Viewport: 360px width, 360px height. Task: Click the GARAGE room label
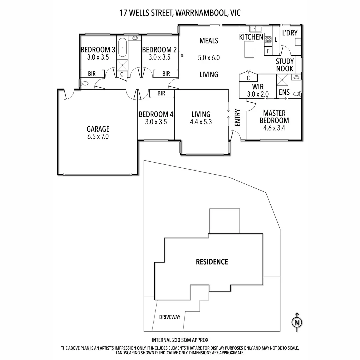(98, 129)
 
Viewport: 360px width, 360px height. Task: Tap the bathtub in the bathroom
(122, 47)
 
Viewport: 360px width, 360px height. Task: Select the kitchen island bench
(249, 49)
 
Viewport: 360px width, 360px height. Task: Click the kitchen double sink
(256, 29)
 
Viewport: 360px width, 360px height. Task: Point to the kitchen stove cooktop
(268, 40)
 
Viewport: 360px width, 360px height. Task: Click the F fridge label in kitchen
(268, 51)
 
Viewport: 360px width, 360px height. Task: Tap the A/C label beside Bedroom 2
(182, 55)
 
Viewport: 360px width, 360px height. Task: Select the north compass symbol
(297, 322)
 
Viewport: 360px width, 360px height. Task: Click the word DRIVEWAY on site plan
(170, 317)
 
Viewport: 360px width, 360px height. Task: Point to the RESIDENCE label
(212, 262)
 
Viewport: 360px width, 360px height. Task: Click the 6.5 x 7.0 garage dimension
(98, 137)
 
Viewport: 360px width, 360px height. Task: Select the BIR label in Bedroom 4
(161, 93)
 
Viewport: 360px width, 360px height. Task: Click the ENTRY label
(238, 118)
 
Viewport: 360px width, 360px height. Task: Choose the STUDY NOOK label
(285, 65)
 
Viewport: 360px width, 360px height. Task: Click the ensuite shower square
(282, 80)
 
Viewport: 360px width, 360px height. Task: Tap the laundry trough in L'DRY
(298, 42)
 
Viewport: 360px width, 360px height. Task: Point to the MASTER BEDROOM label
(274, 117)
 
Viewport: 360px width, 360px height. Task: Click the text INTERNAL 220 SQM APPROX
(180, 340)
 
